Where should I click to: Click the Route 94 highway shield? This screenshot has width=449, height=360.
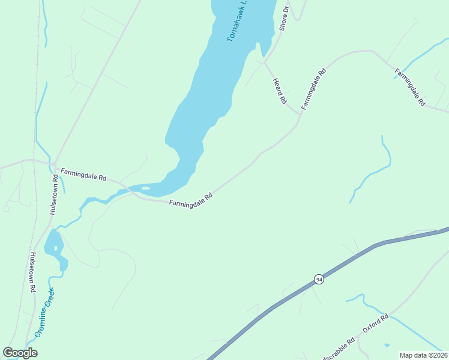tap(319, 280)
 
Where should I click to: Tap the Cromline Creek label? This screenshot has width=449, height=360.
tap(45, 312)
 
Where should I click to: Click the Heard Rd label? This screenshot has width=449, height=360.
tap(279, 91)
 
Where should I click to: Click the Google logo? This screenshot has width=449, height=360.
tap(20, 353)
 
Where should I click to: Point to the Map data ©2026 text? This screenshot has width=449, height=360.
tap(423, 355)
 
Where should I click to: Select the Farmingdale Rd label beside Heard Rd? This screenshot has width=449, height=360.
tap(313, 89)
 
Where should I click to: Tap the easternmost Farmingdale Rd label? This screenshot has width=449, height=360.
tap(410, 88)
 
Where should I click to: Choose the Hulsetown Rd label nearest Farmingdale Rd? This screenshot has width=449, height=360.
tap(55, 195)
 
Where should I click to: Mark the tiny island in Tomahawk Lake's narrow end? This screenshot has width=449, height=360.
tap(146, 188)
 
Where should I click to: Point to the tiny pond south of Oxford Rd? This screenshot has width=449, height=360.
tap(387, 345)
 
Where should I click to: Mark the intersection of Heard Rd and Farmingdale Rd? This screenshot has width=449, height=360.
tap(298, 114)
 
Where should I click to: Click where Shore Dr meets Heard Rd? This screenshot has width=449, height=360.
tap(265, 62)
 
